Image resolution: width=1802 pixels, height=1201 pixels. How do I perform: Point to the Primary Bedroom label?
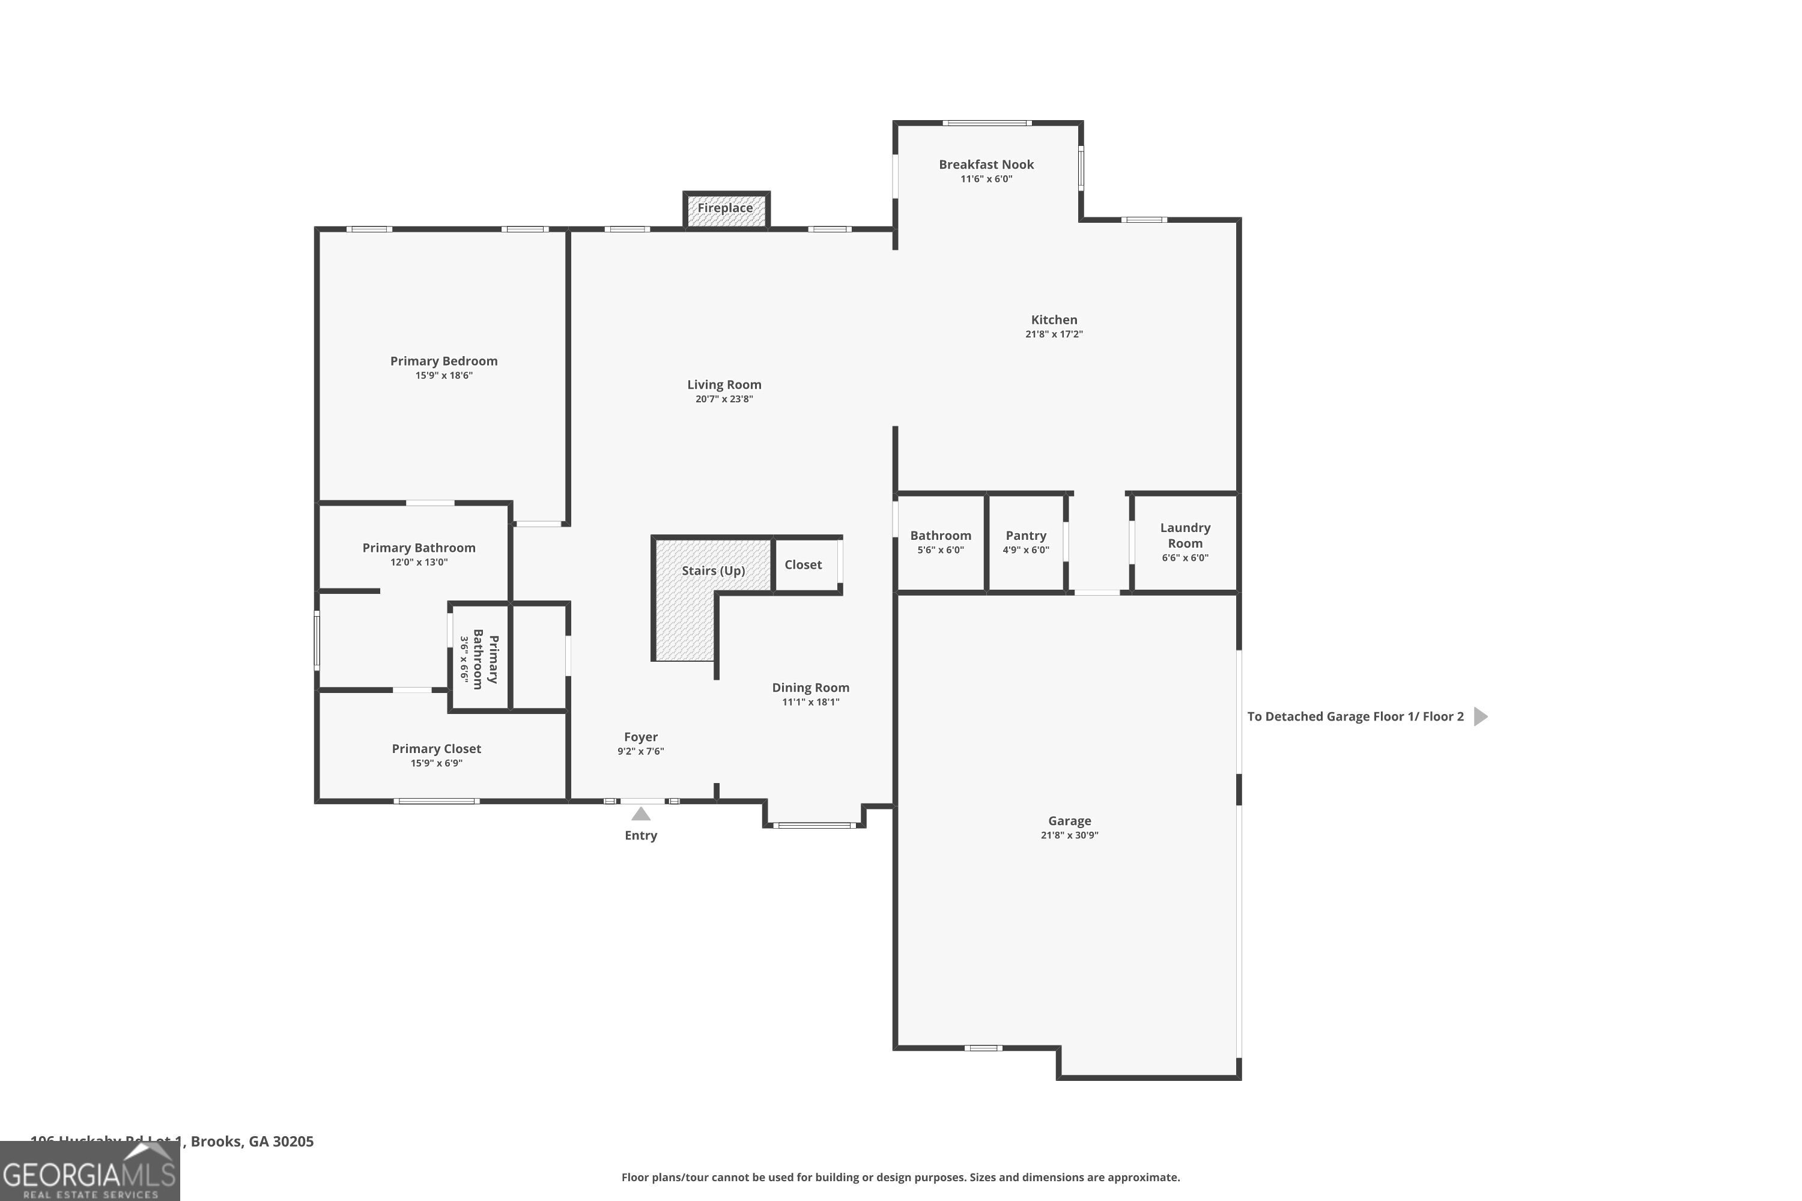[x=444, y=362]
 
